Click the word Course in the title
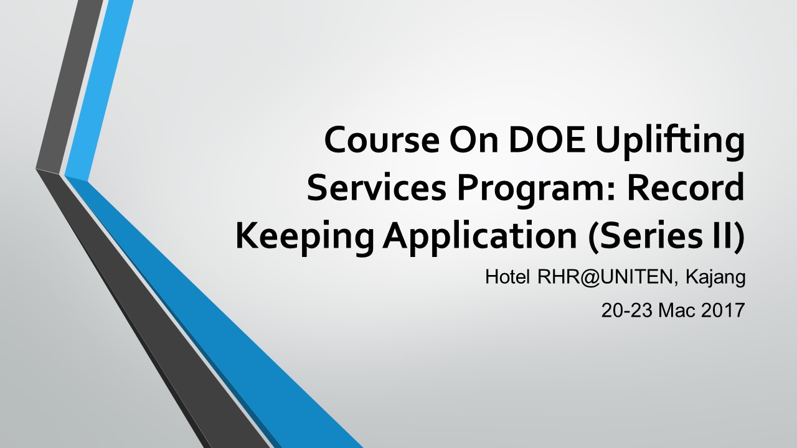pyautogui.click(x=382, y=139)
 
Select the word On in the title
pyautogui.click(x=474, y=139)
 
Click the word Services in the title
pyautogui.click(x=377, y=187)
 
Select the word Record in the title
pyautogui.click(x=686, y=187)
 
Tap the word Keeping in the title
pyautogui.click(x=304, y=238)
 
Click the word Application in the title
pyautogui.click(x=479, y=238)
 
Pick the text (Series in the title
pyautogui.click(x=641, y=236)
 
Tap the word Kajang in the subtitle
pyautogui.click(x=715, y=278)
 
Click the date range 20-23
pyautogui.click(x=627, y=310)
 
